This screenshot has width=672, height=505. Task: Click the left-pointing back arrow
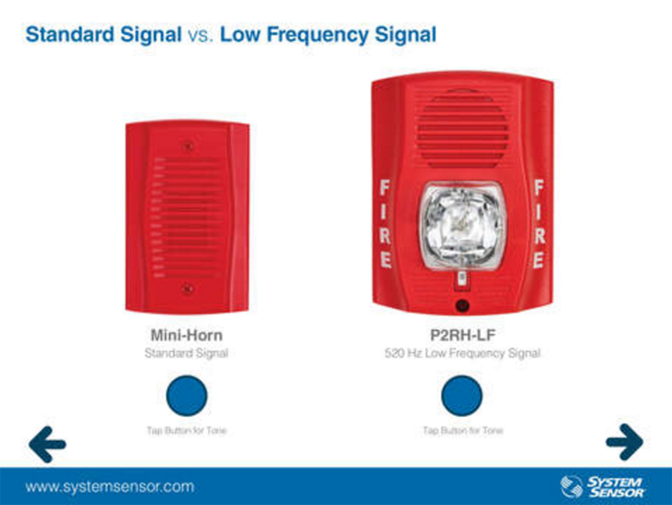pyautogui.click(x=47, y=444)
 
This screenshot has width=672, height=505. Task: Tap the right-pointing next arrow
pyautogui.click(x=625, y=442)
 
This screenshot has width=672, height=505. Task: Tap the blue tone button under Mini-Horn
pyautogui.click(x=187, y=396)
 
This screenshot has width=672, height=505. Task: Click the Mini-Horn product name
pyautogui.click(x=186, y=335)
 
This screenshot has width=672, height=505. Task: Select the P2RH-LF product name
pyautogui.click(x=462, y=335)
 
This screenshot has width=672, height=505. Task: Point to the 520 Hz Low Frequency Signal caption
pyautogui.click(x=462, y=353)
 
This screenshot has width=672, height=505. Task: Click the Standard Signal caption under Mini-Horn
pyautogui.click(x=186, y=353)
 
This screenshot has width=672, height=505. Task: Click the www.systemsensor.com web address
pyautogui.click(x=110, y=487)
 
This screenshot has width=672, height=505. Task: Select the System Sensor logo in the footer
pyautogui.click(x=602, y=487)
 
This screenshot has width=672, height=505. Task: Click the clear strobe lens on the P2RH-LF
pyautogui.click(x=461, y=226)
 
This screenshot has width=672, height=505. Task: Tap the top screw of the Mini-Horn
pyautogui.click(x=187, y=147)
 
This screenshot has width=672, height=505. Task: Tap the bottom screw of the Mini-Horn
pyautogui.click(x=187, y=289)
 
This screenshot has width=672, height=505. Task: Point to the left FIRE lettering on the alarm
pyautogui.click(x=385, y=224)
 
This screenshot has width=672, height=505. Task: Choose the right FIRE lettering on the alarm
pyautogui.click(x=539, y=224)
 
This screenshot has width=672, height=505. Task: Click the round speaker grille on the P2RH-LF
pyautogui.click(x=462, y=129)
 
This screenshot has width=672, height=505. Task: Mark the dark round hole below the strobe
pyautogui.click(x=462, y=305)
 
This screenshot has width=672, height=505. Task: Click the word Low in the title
pyautogui.click(x=240, y=35)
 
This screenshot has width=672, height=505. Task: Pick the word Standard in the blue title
pyautogui.click(x=70, y=35)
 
